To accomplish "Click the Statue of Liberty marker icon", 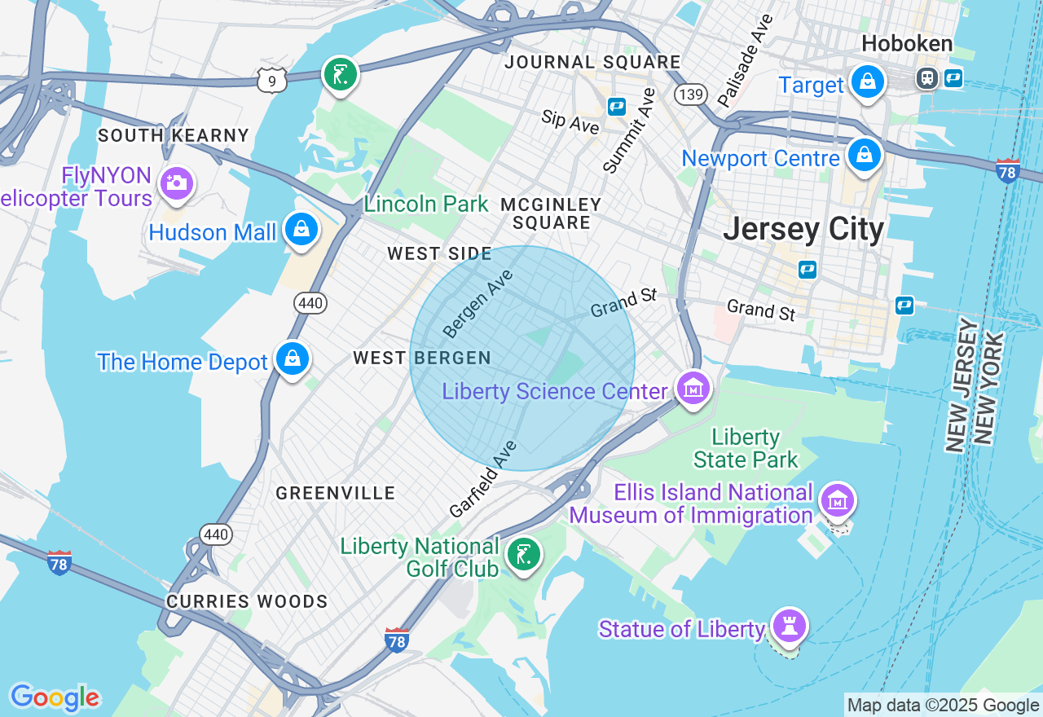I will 790,627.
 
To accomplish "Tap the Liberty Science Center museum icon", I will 693,389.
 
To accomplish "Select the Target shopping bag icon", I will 868,82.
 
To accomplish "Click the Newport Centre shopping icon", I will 864,155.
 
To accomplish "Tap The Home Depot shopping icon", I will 292,358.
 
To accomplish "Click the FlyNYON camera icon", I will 176,183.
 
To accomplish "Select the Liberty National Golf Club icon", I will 522,555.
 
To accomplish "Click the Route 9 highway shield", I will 271,80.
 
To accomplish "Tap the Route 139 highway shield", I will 690,95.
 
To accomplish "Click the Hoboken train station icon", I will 926,77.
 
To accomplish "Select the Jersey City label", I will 803,229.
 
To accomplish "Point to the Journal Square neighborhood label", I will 592,62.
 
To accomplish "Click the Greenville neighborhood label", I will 335,493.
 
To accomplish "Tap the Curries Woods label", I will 247,601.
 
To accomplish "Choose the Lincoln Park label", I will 425,204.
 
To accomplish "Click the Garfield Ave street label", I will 483,480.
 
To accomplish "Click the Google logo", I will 55,698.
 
